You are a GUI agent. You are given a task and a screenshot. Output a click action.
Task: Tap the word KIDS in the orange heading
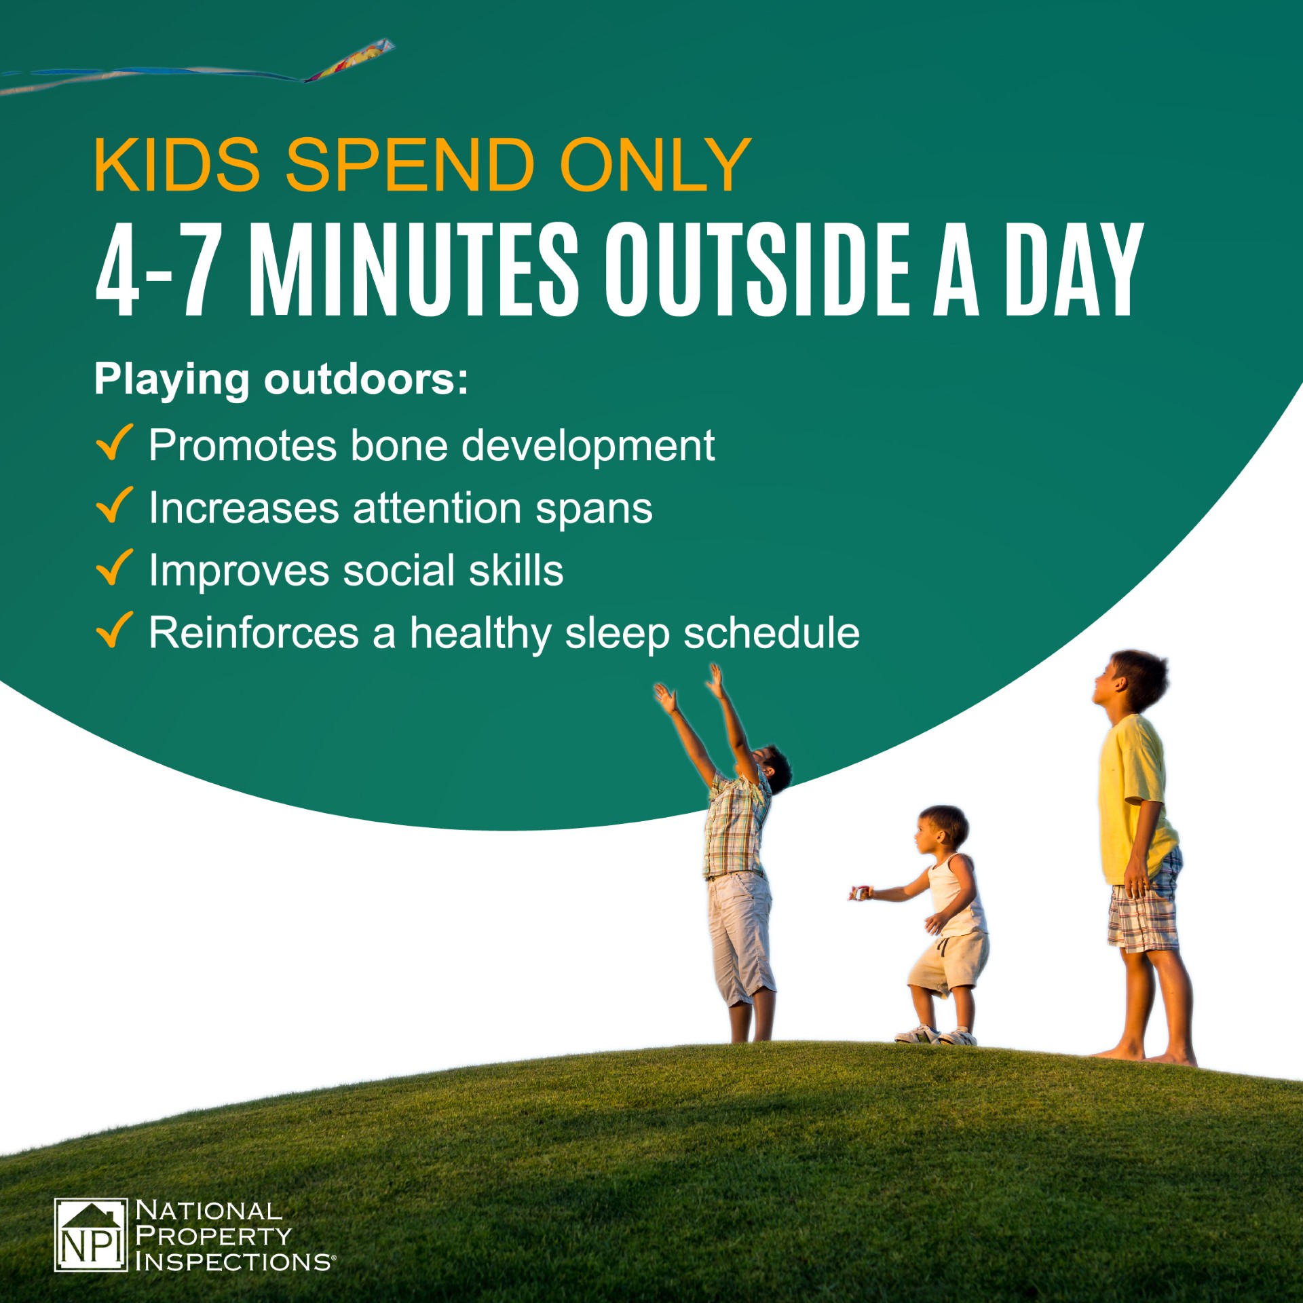[x=177, y=164]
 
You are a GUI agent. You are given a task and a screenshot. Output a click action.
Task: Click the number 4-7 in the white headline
[x=159, y=269]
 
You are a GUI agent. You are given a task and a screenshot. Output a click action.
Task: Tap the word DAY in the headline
[x=1074, y=269]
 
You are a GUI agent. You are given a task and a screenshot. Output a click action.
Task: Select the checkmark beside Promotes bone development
[x=113, y=442]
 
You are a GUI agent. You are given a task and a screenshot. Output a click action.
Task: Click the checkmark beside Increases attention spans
[x=113, y=505]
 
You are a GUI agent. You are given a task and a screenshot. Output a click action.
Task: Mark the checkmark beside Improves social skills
[x=113, y=567]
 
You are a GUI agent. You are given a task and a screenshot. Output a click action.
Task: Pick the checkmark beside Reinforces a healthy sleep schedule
[x=113, y=630]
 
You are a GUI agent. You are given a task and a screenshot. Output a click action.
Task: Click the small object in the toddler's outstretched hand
[x=859, y=894]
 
